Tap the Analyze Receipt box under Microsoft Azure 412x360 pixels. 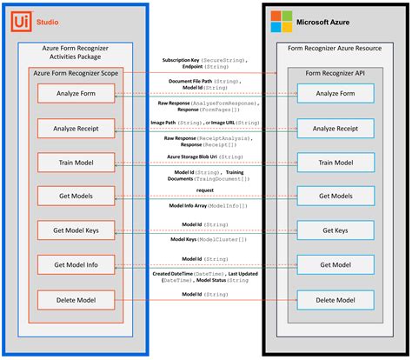tap(336, 128)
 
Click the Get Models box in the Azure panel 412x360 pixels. tap(336, 197)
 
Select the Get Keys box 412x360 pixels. tap(336, 230)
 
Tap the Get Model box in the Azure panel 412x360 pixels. tap(336, 265)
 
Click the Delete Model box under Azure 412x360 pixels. tap(336, 300)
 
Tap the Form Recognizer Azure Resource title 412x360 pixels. tap(336, 50)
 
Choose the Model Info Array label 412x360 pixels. tap(204, 205)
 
